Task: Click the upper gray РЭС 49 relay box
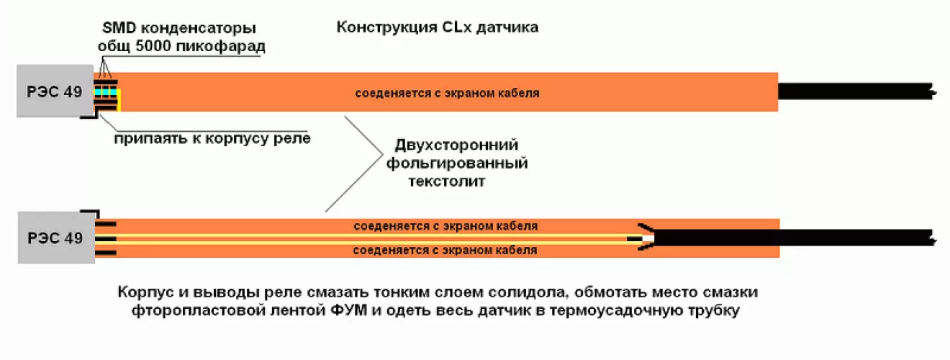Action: [x=55, y=91]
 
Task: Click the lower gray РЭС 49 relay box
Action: [x=56, y=238]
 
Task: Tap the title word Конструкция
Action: [x=386, y=27]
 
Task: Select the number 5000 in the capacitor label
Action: [x=153, y=46]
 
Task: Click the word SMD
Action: [x=119, y=28]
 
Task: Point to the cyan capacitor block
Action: [x=105, y=91]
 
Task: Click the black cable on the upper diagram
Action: [x=856, y=91]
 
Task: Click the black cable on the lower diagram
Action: [x=793, y=238]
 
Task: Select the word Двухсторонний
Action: [x=456, y=145]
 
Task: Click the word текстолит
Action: [x=447, y=181]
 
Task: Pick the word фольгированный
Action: [x=457, y=163]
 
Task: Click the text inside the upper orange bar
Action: [x=447, y=94]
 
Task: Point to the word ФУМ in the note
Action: [x=348, y=310]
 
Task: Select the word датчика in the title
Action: [x=507, y=27]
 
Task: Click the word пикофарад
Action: [x=220, y=46]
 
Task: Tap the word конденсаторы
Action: [x=199, y=29]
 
